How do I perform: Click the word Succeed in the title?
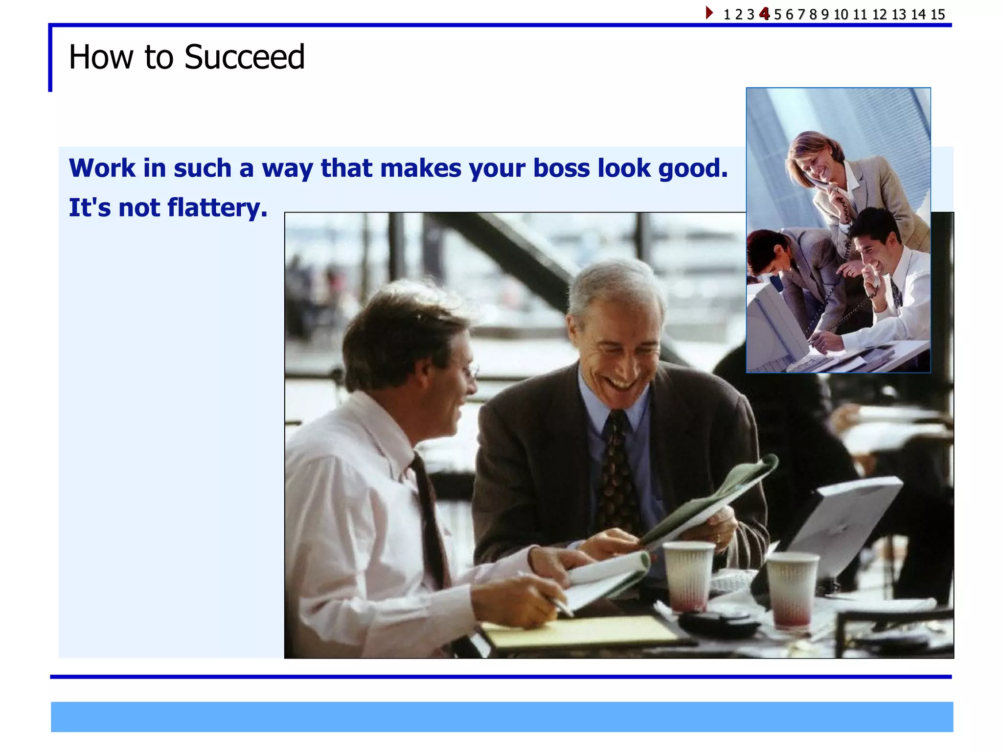(244, 57)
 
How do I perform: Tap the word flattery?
(217, 208)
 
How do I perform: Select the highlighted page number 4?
(764, 14)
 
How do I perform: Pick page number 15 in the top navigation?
(937, 15)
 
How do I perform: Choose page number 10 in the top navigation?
(841, 15)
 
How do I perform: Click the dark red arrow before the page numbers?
(709, 13)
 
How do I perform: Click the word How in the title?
(101, 57)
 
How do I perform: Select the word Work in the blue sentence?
(102, 168)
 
